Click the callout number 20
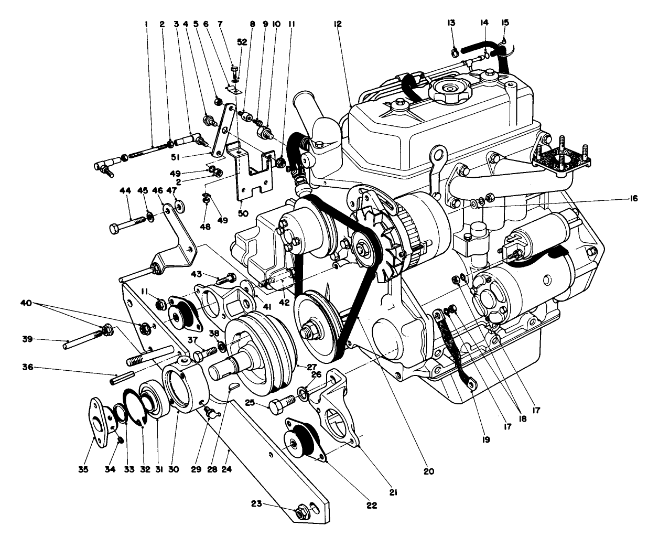click(429, 471)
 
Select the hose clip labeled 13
click(455, 51)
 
